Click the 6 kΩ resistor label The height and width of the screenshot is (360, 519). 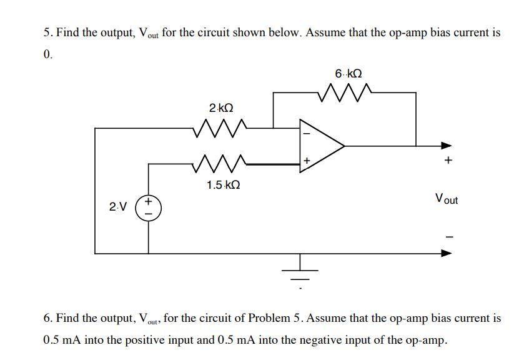pyautogui.click(x=348, y=74)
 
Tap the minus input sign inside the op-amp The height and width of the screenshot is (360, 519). pyautogui.click(x=306, y=132)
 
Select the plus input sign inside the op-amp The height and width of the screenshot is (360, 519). pyautogui.click(x=306, y=161)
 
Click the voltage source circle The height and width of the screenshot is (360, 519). pyautogui.click(x=148, y=207)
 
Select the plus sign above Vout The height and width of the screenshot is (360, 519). pyautogui.click(x=447, y=161)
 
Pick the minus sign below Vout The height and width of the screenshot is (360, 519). pyautogui.click(x=447, y=236)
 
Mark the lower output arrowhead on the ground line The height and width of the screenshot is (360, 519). pyautogui.click(x=446, y=254)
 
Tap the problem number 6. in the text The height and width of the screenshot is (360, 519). pyautogui.click(x=47, y=318)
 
